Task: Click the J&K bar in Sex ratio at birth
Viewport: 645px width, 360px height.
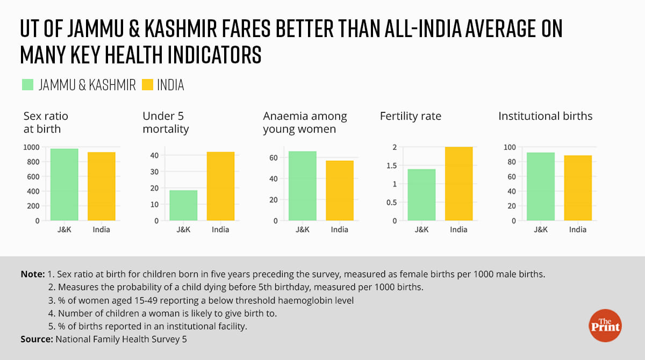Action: tap(64, 184)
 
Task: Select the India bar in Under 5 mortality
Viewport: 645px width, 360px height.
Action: tap(220, 186)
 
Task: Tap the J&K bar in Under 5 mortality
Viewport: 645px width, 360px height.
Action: tap(183, 205)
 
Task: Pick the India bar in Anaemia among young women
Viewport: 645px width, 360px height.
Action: tap(340, 190)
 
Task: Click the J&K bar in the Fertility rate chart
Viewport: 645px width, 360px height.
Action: tap(421, 195)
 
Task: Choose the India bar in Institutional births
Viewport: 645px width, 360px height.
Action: tap(578, 188)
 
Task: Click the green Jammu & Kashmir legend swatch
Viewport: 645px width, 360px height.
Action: tap(28, 84)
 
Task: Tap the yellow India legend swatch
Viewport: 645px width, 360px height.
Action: tap(148, 84)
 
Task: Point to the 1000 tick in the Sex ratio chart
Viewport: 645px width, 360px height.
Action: tap(32, 147)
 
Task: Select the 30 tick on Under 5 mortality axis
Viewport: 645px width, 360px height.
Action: tap(154, 171)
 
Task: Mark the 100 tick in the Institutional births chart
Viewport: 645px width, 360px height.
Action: tap(509, 147)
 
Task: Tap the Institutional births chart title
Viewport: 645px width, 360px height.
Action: tap(545, 116)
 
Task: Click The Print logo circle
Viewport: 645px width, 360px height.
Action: tap(605, 325)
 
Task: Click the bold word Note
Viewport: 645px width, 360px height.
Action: tap(32, 274)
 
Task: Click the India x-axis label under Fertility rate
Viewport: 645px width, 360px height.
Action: tap(458, 230)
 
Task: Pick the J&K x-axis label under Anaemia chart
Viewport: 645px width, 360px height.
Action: tap(303, 230)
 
